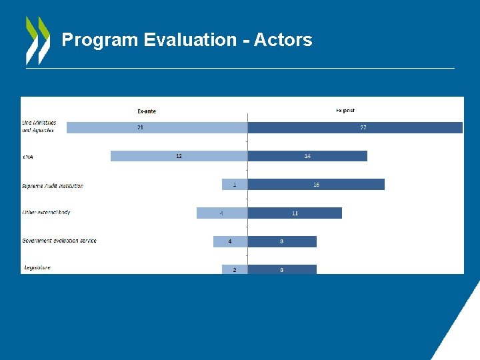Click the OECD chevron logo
37,40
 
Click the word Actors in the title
283,40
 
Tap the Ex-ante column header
147,111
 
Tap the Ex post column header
345,111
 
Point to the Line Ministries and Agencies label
39,127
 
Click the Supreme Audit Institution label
53,186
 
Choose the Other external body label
46,213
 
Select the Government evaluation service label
59,241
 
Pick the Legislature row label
37,268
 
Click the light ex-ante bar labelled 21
157,127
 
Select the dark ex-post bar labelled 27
355,127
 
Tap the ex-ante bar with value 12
179,156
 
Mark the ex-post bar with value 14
307,156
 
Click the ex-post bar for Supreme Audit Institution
316,185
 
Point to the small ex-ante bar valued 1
235,185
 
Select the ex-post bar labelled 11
295,213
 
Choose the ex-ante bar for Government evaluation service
230,241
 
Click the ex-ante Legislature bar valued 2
235,269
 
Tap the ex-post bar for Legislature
282,269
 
